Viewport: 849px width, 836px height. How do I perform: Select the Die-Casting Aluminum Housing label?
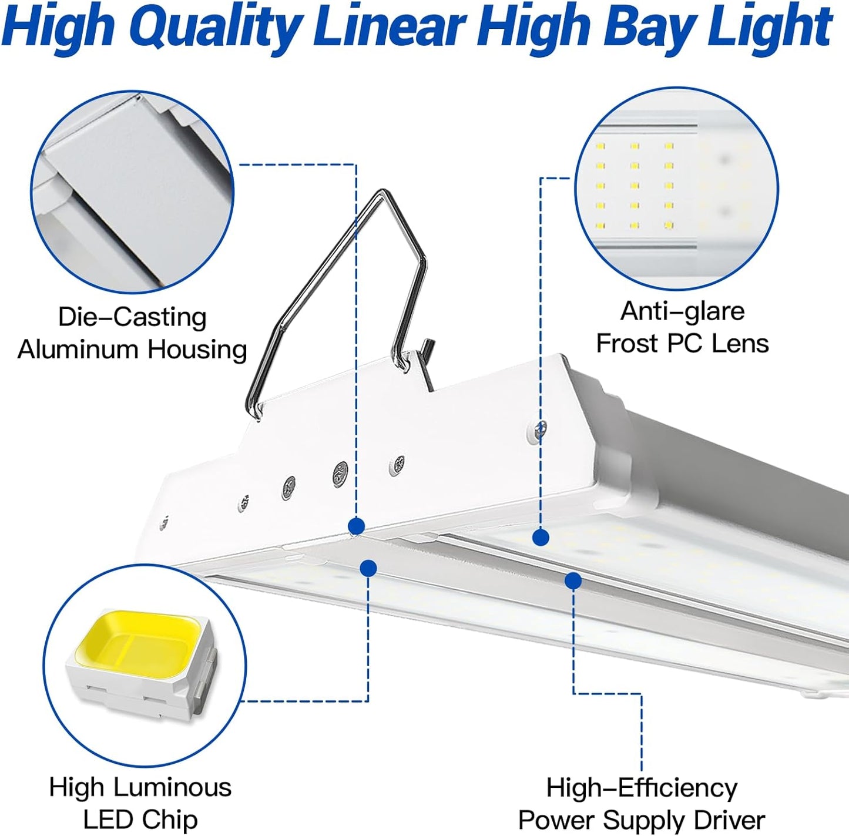[132, 333]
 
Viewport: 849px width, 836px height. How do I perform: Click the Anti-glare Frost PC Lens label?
[682, 327]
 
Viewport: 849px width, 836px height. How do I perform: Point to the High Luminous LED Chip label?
[140, 803]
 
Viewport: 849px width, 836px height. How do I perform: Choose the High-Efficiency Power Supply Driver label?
[642, 804]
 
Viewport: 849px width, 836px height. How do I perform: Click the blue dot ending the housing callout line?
[356, 526]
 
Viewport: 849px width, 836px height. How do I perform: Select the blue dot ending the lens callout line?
[541, 536]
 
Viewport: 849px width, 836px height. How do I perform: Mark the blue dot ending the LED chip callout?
[368, 568]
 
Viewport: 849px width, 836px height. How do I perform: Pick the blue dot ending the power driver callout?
[573, 581]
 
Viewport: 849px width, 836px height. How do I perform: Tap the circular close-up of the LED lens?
[677, 188]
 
